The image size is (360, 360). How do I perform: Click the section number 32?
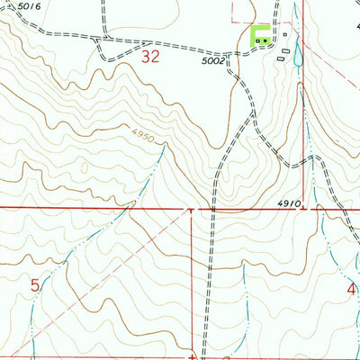tap(150, 57)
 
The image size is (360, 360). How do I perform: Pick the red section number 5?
tap(35, 285)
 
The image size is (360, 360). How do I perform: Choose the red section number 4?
tap(350, 289)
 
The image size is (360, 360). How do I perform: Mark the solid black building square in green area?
tap(265, 40)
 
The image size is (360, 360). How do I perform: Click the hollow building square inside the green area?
tap(256, 40)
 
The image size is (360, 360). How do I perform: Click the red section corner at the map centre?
tap(192, 209)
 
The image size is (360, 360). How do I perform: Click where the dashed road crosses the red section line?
tap(213, 208)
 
